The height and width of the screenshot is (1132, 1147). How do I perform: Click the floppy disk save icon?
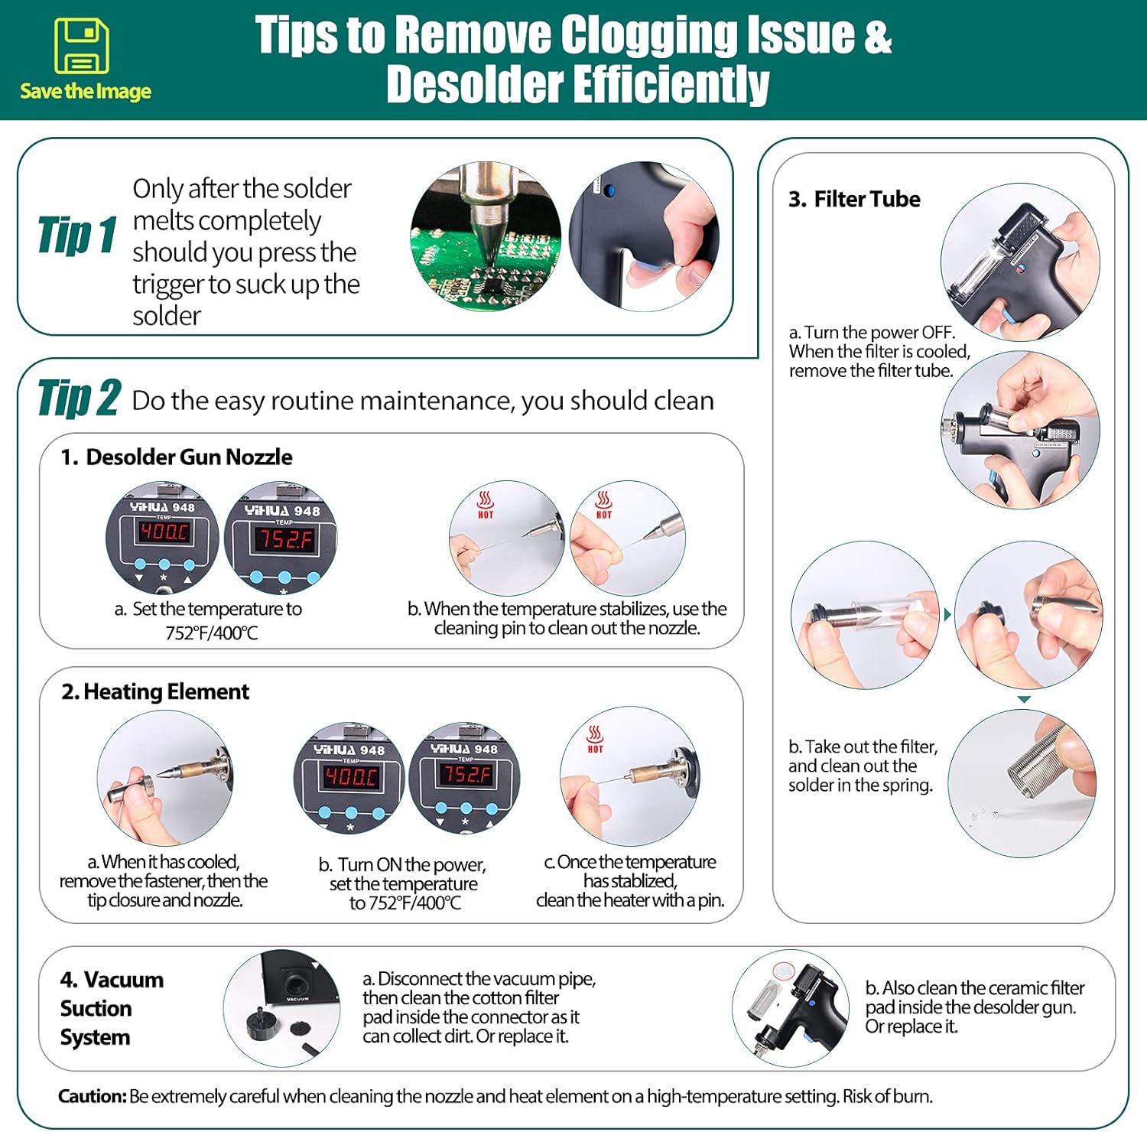(82, 46)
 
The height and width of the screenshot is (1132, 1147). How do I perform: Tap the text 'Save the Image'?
(86, 92)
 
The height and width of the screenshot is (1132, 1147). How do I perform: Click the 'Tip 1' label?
(77, 235)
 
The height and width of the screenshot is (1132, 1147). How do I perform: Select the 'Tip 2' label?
(79, 398)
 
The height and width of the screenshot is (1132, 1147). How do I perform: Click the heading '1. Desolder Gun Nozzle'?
(177, 457)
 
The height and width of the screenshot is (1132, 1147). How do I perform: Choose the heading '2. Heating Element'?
(155, 692)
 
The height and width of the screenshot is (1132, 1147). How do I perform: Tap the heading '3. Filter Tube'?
(854, 200)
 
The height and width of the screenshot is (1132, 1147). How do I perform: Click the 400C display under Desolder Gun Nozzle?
(164, 532)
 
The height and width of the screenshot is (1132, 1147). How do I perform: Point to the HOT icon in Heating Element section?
(595, 740)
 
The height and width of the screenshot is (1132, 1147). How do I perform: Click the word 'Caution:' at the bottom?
(92, 1097)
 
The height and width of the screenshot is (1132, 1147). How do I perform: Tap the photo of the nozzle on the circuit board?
(486, 236)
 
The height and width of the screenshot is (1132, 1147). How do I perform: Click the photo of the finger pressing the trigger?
(644, 236)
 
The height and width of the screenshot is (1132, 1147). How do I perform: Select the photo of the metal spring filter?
(1022, 783)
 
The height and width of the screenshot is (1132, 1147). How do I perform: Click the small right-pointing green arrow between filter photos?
(948, 615)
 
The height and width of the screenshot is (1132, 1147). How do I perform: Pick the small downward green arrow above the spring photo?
(1025, 700)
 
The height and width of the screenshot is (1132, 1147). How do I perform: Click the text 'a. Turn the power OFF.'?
(872, 333)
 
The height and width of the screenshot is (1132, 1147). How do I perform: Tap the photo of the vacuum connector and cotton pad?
(282, 1009)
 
